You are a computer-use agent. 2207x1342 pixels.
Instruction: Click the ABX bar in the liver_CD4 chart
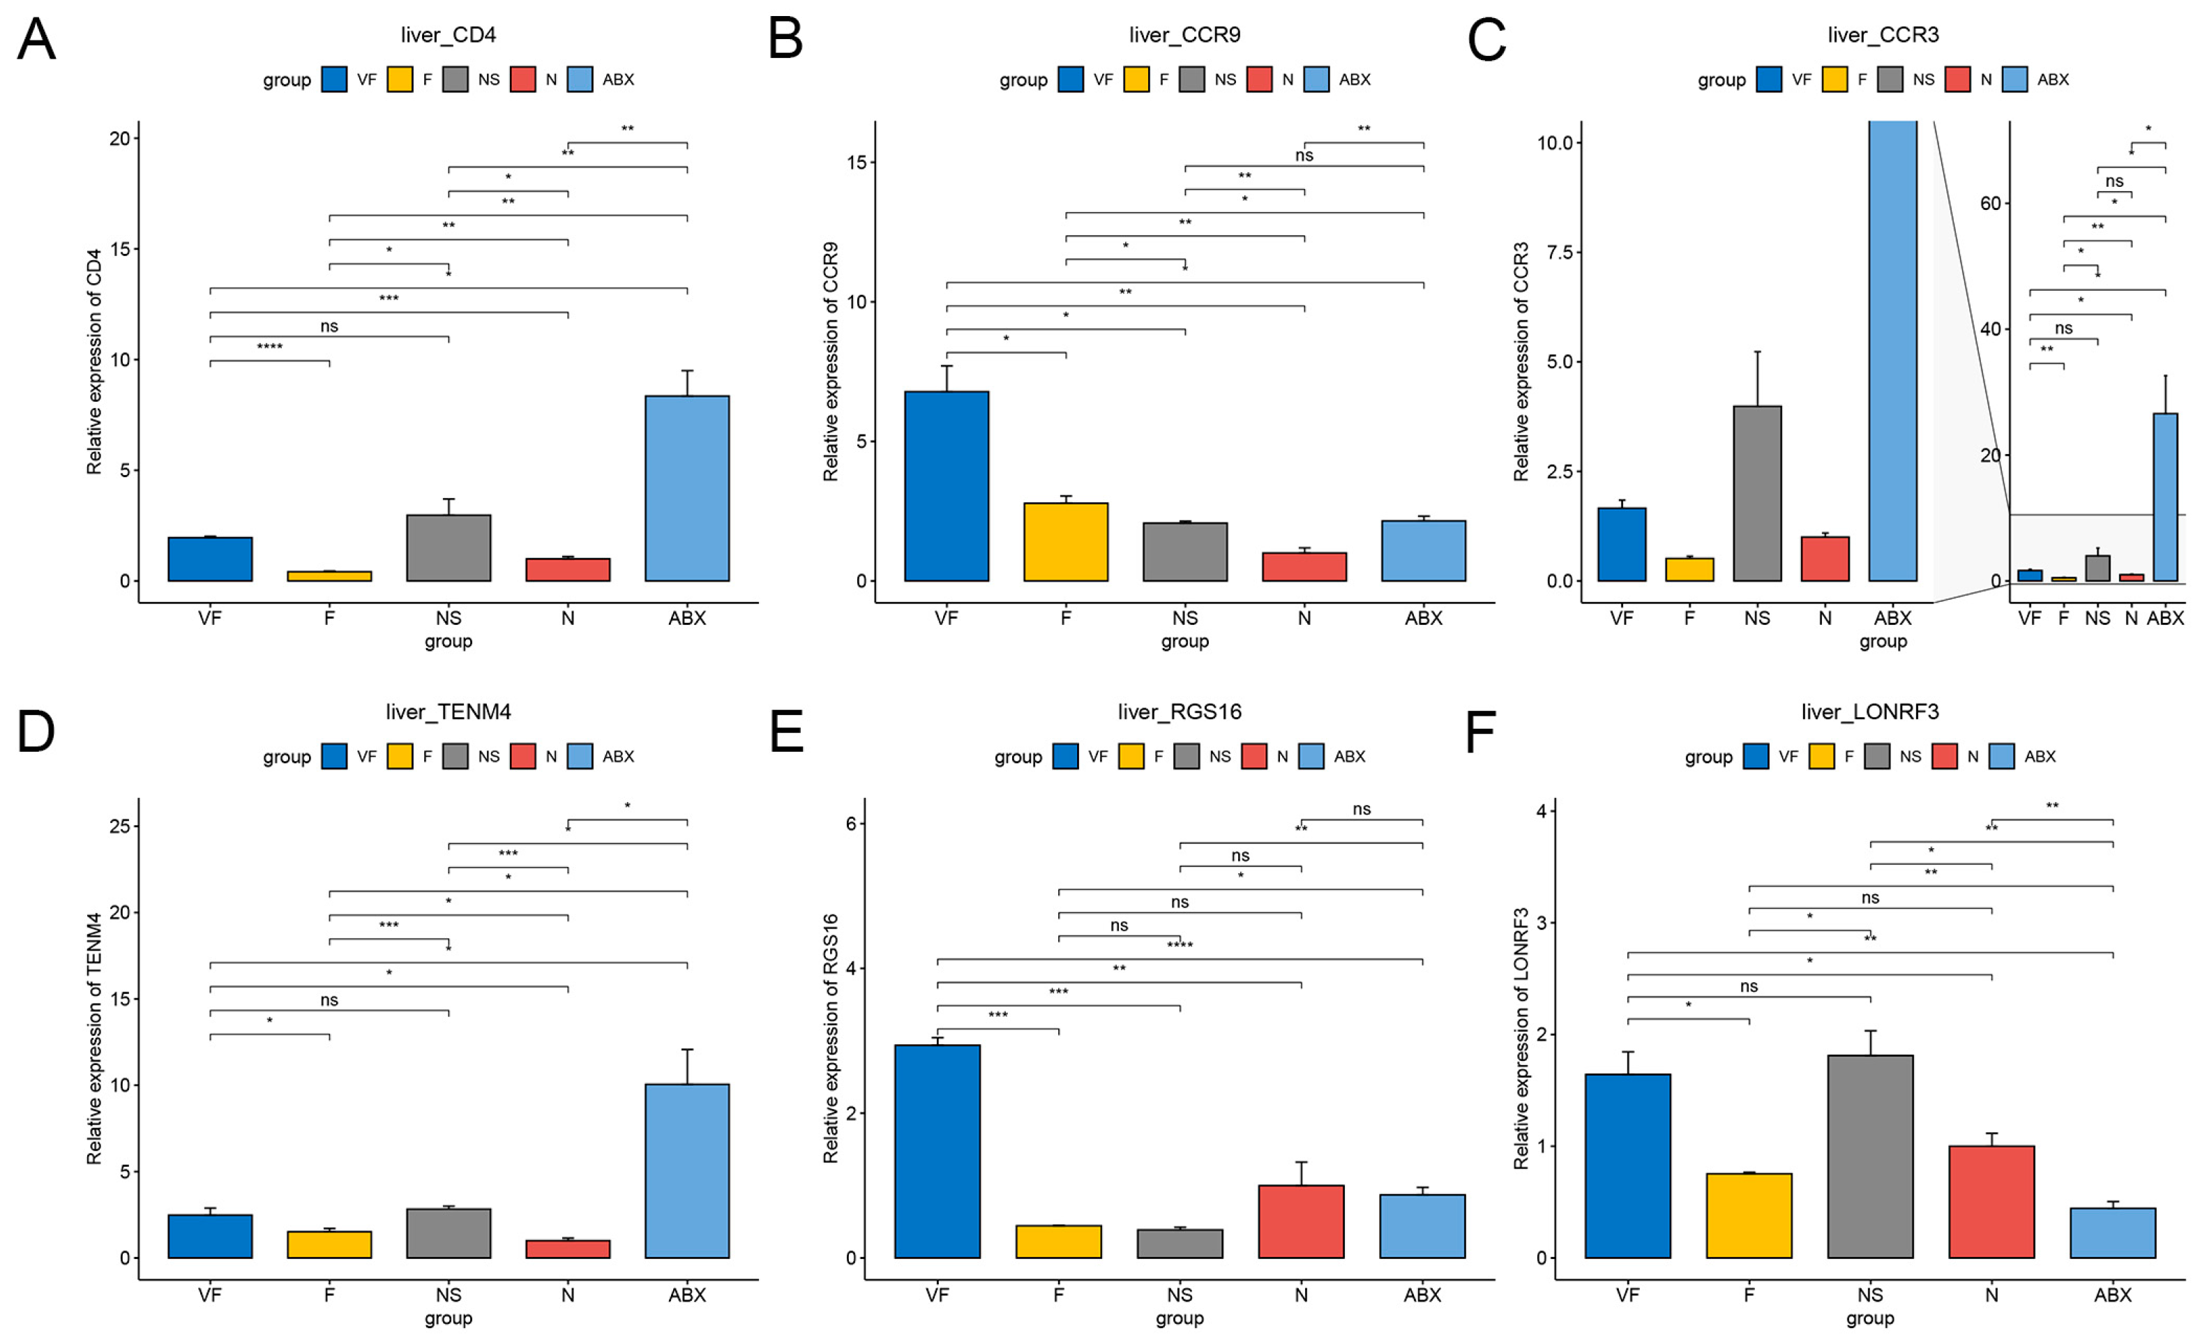click(687, 488)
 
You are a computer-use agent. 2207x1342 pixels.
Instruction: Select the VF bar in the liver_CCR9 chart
click(946, 486)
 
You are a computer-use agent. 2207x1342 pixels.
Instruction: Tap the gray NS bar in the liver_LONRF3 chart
click(1869, 1156)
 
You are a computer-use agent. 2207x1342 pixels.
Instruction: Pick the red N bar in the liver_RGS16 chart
click(1300, 1221)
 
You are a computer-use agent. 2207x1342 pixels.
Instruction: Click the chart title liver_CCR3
click(1883, 35)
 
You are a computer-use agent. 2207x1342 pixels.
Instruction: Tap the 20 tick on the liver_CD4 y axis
click(119, 138)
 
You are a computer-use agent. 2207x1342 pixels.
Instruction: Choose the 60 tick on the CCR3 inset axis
click(1989, 204)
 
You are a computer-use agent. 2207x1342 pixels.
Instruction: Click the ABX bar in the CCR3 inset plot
click(2165, 497)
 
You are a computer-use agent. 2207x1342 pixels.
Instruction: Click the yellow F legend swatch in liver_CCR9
click(1136, 80)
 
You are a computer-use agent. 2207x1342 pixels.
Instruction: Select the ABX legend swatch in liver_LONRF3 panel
click(2001, 756)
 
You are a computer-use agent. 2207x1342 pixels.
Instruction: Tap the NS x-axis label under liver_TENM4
click(448, 1295)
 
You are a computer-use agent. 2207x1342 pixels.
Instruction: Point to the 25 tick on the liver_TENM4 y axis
click(119, 826)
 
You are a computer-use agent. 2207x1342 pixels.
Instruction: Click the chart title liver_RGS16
click(1179, 711)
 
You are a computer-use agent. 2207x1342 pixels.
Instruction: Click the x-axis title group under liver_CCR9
click(1184, 642)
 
